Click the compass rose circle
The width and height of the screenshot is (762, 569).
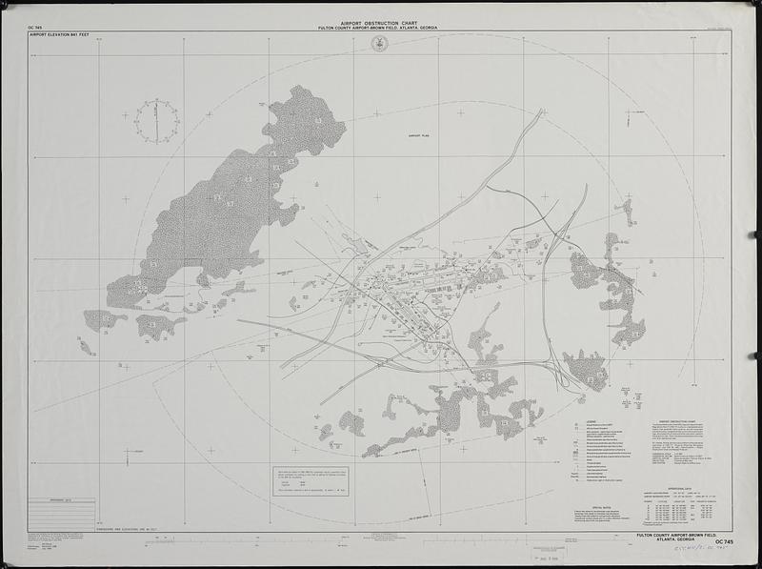155,121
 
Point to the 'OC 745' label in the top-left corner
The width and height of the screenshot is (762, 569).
37,29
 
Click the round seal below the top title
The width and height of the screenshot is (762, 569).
379,44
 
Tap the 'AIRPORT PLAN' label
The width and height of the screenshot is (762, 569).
420,136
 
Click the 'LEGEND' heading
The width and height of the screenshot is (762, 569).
591,421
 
